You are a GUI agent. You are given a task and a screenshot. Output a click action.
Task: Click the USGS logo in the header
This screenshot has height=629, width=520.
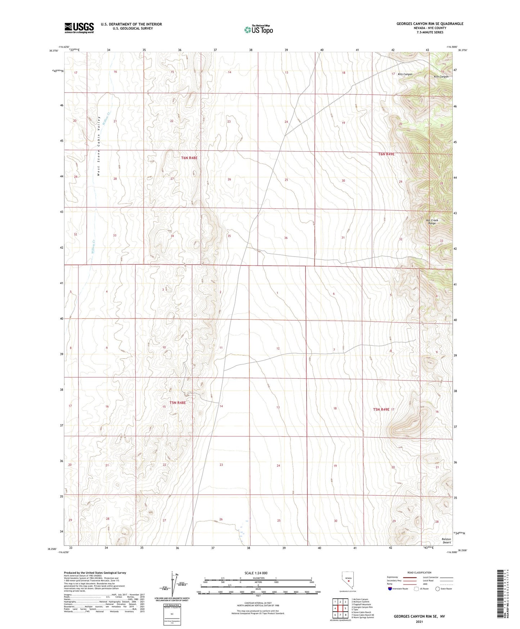pyautogui.click(x=79, y=28)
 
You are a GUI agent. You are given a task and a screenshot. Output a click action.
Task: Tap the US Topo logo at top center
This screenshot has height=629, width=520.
pyautogui.click(x=258, y=30)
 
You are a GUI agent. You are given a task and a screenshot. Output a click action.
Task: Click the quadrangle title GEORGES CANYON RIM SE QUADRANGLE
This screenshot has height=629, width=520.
pyautogui.click(x=430, y=24)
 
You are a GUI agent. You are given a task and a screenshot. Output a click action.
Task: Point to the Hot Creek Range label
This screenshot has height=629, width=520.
pyautogui.click(x=432, y=222)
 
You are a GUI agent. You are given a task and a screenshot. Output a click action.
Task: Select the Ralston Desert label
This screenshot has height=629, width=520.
pyautogui.click(x=446, y=541)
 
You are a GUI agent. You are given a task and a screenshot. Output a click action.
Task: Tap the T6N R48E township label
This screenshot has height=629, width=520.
pyautogui.click(x=189, y=158)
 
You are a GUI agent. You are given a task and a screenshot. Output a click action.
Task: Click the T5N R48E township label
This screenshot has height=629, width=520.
pyautogui.click(x=177, y=402)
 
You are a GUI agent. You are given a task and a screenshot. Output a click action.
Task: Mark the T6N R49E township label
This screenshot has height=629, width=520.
pyautogui.click(x=386, y=154)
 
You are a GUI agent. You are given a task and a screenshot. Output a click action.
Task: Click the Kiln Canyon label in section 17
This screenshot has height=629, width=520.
pyautogui.click(x=405, y=74)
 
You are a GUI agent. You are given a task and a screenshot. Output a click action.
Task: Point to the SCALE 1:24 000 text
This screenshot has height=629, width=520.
pyautogui.click(x=256, y=573)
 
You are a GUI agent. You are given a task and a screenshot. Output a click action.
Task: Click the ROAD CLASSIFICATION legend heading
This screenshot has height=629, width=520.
pyautogui.click(x=419, y=572)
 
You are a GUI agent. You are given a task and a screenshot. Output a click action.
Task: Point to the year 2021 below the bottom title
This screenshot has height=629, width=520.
pyautogui.click(x=419, y=622)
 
